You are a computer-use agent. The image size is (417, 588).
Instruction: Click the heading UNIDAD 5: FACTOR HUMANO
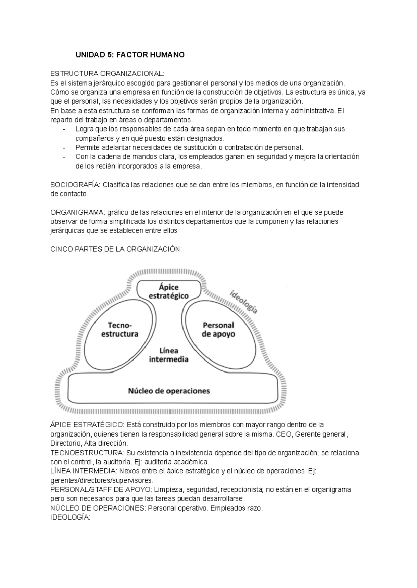[x=130, y=55]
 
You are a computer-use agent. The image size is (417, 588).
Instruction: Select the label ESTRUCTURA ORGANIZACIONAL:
[x=106, y=74]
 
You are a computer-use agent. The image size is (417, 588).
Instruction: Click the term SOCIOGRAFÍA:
[x=75, y=185]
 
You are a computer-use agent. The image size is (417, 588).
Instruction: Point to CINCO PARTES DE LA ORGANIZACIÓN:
[x=116, y=249]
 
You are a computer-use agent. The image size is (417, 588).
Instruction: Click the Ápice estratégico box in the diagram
[x=169, y=291]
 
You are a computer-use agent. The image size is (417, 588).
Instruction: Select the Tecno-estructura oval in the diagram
[x=120, y=329]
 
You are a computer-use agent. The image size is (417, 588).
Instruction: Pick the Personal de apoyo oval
[x=218, y=329]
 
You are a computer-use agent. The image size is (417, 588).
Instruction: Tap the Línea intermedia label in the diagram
[x=169, y=355]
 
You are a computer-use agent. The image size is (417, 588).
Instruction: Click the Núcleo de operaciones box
[x=169, y=391]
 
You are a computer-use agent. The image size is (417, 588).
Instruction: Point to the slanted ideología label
[x=244, y=302]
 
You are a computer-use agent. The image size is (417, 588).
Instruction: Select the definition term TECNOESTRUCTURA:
[x=87, y=453]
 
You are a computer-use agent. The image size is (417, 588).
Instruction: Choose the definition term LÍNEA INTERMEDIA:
[x=84, y=471]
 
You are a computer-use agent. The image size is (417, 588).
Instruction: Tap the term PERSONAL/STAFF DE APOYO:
[x=101, y=490]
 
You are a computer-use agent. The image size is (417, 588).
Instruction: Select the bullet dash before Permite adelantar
[x=64, y=147]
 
